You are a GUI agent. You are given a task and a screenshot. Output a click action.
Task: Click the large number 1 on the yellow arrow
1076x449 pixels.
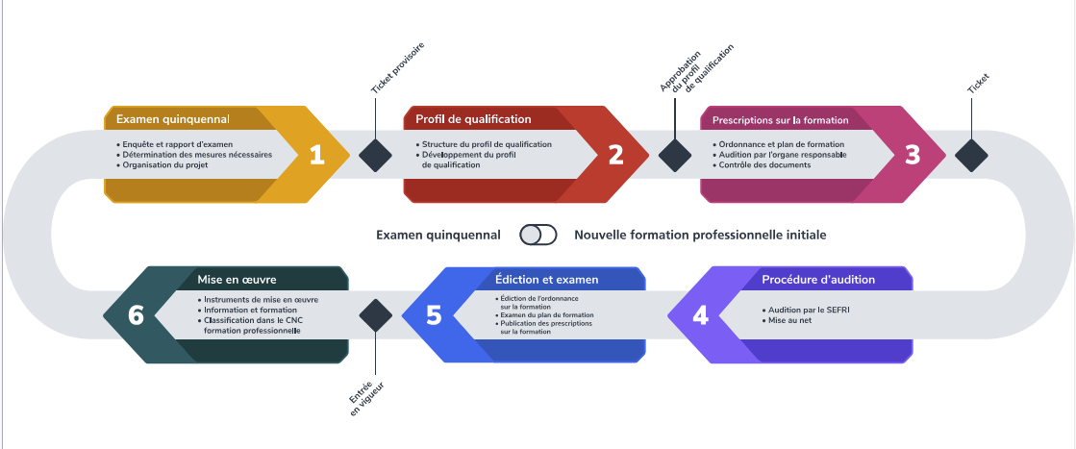point(316,155)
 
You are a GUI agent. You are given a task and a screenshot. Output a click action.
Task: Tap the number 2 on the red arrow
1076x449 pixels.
point(615,155)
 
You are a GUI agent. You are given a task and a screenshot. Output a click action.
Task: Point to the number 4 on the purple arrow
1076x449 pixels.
point(700,315)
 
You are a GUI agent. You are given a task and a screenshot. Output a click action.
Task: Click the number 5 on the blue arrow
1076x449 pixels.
point(434,315)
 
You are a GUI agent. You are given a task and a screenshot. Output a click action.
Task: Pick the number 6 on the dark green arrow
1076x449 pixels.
point(136,315)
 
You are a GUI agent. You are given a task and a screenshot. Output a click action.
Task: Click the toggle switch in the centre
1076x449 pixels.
point(538,235)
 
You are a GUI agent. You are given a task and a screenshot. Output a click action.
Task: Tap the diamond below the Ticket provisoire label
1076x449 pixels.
point(374,155)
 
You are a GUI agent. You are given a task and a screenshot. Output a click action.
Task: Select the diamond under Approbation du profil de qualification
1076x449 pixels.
point(674,155)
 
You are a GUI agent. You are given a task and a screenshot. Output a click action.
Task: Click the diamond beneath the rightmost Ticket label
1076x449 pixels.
point(971,155)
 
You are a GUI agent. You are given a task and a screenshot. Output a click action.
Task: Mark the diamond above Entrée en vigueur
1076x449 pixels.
point(375,315)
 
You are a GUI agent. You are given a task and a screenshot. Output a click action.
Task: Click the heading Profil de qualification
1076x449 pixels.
point(473,119)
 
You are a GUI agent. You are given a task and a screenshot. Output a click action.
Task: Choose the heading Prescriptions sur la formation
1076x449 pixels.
point(780,120)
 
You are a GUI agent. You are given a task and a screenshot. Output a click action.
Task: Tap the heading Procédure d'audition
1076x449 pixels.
point(817,280)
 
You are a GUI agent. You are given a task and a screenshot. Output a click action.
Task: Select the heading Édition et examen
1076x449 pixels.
point(546,280)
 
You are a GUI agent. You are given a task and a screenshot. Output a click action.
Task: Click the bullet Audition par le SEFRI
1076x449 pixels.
point(806,311)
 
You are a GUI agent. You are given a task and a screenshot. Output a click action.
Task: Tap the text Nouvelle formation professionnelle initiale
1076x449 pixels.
point(699,235)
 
